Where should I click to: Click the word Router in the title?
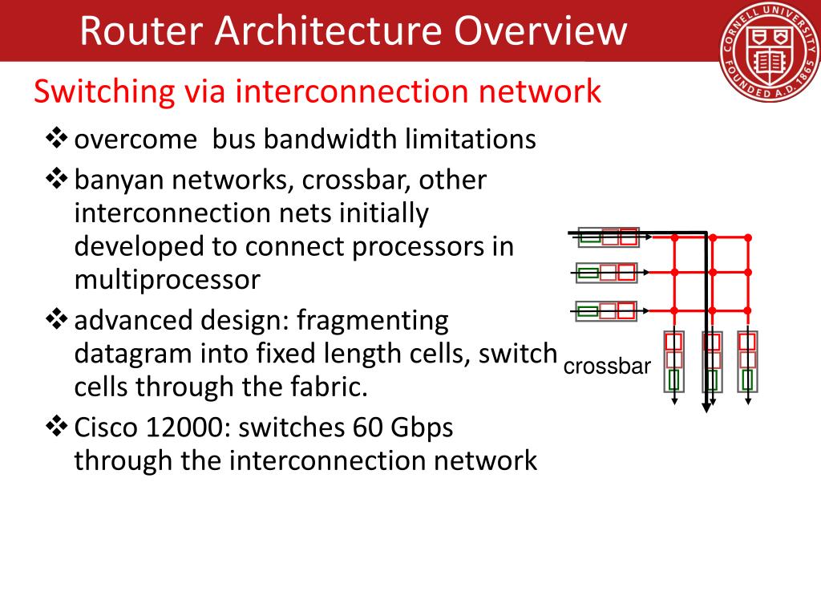[141, 30]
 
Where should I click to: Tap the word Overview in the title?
[540, 30]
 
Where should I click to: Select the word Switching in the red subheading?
[104, 92]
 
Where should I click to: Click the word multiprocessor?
[167, 280]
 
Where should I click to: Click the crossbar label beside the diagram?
[607, 366]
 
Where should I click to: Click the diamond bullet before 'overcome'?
[57, 139]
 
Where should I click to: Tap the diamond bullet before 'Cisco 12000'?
[57, 427]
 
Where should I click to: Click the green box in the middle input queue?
[588, 273]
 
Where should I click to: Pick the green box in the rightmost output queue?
[747, 379]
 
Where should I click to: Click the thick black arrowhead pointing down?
[706, 407]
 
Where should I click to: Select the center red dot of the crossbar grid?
[712, 273]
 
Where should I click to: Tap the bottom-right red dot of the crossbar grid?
[748, 310]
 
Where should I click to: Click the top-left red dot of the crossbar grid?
[674, 237]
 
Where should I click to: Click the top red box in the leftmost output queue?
[673, 342]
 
